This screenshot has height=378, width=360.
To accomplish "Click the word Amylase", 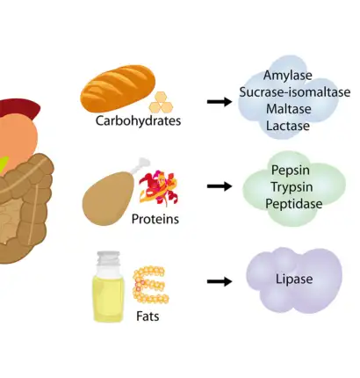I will click(288, 76).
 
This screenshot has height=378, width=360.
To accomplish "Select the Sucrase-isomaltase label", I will click(294, 92).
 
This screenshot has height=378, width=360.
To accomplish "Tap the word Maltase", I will click(288, 109).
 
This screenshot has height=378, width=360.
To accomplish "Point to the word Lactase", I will click(288, 126).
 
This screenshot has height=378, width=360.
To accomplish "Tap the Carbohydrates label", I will click(138, 121).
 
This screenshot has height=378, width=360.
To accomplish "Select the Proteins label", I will click(155, 219).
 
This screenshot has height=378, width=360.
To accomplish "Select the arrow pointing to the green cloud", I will click(219, 186).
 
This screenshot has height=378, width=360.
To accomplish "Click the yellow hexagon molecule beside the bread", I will click(160, 102).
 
